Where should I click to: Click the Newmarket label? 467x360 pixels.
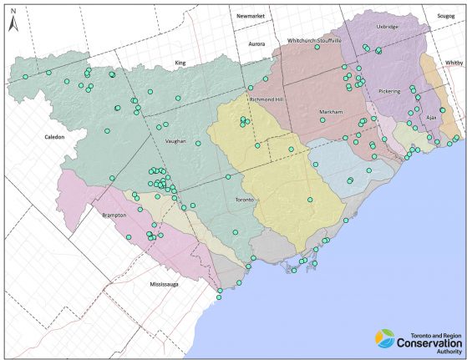coord(250,16)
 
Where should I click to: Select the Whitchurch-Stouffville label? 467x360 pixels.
coord(314,40)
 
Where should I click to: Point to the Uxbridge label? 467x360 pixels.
coord(388,27)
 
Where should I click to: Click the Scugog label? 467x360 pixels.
coord(445,16)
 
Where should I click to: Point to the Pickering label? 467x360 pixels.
coord(389,90)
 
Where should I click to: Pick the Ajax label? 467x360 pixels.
coord(431,118)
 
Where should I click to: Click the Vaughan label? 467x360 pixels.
coord(175,141)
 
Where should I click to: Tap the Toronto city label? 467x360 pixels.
coord(245,200)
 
